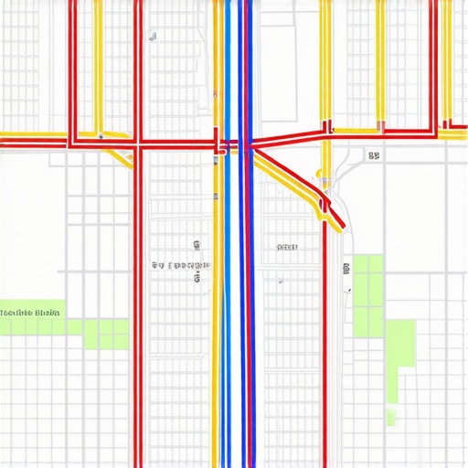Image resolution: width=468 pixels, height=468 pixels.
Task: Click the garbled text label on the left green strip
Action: (30, 313)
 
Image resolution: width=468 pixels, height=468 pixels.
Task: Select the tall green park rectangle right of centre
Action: (367, 294)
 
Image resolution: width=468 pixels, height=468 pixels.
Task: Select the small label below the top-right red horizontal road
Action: (374, 156)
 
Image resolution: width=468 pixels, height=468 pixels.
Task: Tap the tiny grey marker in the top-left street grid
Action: (153, 37)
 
